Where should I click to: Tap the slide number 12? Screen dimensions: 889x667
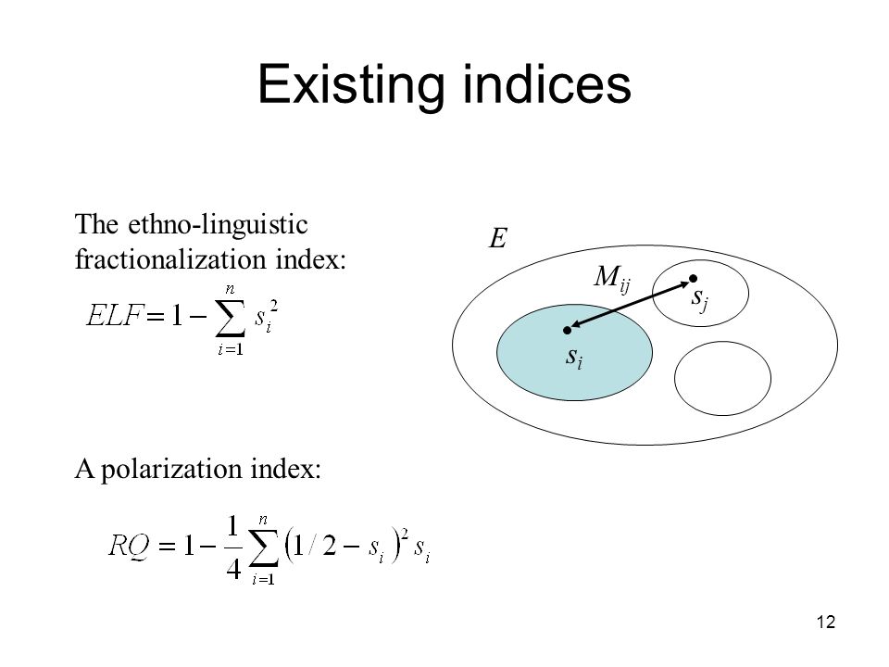click(826, 623)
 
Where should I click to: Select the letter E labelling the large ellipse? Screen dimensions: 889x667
click(498, 238)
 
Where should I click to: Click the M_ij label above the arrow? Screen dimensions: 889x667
click(612, 279)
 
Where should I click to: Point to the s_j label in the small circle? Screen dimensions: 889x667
click(700, 298)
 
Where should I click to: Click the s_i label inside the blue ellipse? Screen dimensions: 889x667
click(574, 358)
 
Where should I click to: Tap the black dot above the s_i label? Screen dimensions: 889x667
click(567, 330)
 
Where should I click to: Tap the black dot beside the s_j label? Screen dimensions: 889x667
click(693, 279)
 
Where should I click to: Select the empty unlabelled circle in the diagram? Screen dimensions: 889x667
click(723, 342)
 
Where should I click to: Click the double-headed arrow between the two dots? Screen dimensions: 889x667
click(630, 305)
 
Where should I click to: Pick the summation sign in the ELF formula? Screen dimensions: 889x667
click(231, 319)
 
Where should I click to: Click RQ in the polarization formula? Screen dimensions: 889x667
click(130, 547)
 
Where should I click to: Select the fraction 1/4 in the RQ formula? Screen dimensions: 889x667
click(233, 547)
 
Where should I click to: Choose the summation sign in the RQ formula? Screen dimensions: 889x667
click(264, 548)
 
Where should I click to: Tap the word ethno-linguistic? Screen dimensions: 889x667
click(218, 224)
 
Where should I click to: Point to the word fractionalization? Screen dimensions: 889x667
click(170, 259)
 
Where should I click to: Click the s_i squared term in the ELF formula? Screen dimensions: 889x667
click(266, 318)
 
